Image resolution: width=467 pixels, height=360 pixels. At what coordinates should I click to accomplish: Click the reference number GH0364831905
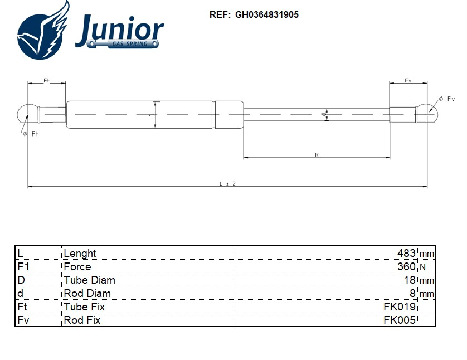point(266,15)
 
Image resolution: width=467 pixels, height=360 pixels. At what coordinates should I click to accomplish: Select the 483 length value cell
point(405,254)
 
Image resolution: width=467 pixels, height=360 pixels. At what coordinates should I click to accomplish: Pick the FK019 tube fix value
point(399,307)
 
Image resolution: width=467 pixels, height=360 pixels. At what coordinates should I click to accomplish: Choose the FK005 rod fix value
point(399,320)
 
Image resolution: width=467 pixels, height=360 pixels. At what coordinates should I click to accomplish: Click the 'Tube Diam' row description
point(89,280)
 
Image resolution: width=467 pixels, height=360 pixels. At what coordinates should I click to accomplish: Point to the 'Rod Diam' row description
point(87,293)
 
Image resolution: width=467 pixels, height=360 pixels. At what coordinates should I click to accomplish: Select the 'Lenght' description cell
point(80,254)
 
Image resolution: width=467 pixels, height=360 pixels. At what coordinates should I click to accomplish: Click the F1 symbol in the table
point(23,267)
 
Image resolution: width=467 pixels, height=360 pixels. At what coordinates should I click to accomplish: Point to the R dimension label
point(317,154)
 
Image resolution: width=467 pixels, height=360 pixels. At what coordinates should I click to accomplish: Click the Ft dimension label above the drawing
point(47,81)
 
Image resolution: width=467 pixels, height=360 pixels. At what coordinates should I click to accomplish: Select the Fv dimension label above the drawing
point(408,81)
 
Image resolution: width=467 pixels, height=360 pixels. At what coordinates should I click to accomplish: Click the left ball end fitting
point(26,114)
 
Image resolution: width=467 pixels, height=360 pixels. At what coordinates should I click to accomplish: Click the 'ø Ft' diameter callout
point(31,134)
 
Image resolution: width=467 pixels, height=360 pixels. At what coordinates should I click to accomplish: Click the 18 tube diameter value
point(410,280)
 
